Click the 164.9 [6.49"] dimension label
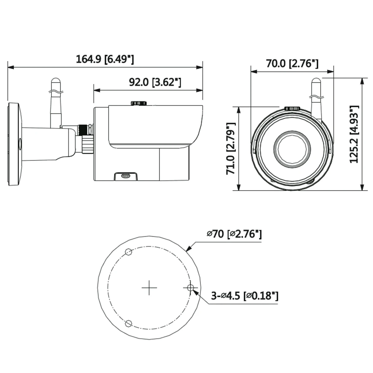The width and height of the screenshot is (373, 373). [x=105, y=59]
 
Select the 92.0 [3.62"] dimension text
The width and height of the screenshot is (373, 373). [x=155, y=82]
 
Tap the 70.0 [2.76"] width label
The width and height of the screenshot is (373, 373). [x=292, y=63]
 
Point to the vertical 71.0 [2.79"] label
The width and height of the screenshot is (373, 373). [x=231, y=149]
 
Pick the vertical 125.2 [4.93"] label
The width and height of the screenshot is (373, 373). [x=354, y=135]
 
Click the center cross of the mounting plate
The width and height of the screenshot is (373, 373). [x=149, y=288]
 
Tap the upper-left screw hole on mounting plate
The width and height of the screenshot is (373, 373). [x=129, y=252]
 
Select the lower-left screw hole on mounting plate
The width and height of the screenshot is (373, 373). [x=128, y=323]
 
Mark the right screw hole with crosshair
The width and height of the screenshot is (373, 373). [x=191, y=288]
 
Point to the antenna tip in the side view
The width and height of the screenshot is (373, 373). [x=56, y=80]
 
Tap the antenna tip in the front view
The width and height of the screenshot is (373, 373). [x=316, y=80]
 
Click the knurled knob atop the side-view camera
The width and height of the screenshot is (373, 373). [x=139, y=103]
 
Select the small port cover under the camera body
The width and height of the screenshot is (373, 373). [x=126, y=176]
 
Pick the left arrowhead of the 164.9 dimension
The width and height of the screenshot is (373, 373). [x=11, y=67]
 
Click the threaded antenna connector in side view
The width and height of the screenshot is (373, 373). [x=85, y=129]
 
